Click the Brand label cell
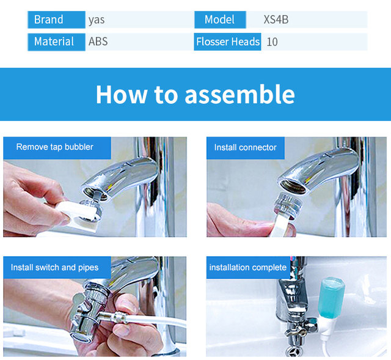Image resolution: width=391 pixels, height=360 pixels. click(x=56, y=20)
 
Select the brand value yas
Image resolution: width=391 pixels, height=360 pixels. click(x=97, y=20)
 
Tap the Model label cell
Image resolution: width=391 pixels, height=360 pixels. click(x=220, y=20)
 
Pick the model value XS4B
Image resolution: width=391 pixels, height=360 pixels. click(x=276, y=20)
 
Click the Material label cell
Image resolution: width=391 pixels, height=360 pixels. click(x=56, y=42)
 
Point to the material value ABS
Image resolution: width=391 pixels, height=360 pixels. click(x=98, y=42)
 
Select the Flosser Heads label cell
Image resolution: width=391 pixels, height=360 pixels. click(x=228, y=42)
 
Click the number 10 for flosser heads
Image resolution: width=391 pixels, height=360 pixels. click(x=272, y=42)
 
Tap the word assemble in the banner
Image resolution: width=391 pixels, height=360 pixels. click(x=240, y=94)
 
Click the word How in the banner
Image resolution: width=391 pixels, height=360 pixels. click(x=122, y=94)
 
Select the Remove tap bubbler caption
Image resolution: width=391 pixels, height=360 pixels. click(x=54, y=147)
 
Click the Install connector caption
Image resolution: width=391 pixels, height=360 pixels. click(x=246, y=147)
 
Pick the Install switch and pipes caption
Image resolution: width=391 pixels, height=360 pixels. click(x=54, y=268)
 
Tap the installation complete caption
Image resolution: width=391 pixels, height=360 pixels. click(x=248, y=268)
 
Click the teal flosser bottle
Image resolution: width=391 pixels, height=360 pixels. click(x=331, y=298)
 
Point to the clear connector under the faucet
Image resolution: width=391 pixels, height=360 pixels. click(x=288, y=205)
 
